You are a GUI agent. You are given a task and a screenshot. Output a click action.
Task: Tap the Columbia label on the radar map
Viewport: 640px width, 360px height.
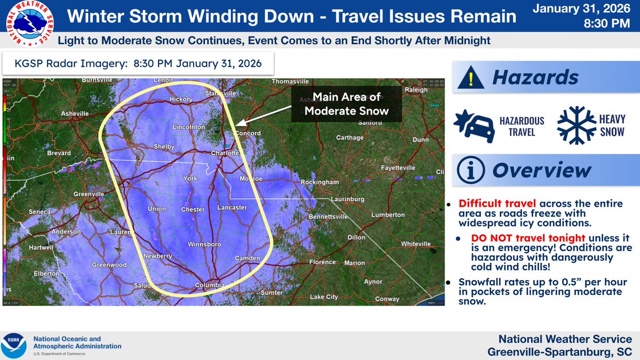210,285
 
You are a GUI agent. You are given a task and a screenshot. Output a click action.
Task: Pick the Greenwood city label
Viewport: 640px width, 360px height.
109,265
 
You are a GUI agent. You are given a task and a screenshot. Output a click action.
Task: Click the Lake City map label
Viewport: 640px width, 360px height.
324,297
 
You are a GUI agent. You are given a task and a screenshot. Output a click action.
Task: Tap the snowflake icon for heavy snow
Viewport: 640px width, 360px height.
575,126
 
